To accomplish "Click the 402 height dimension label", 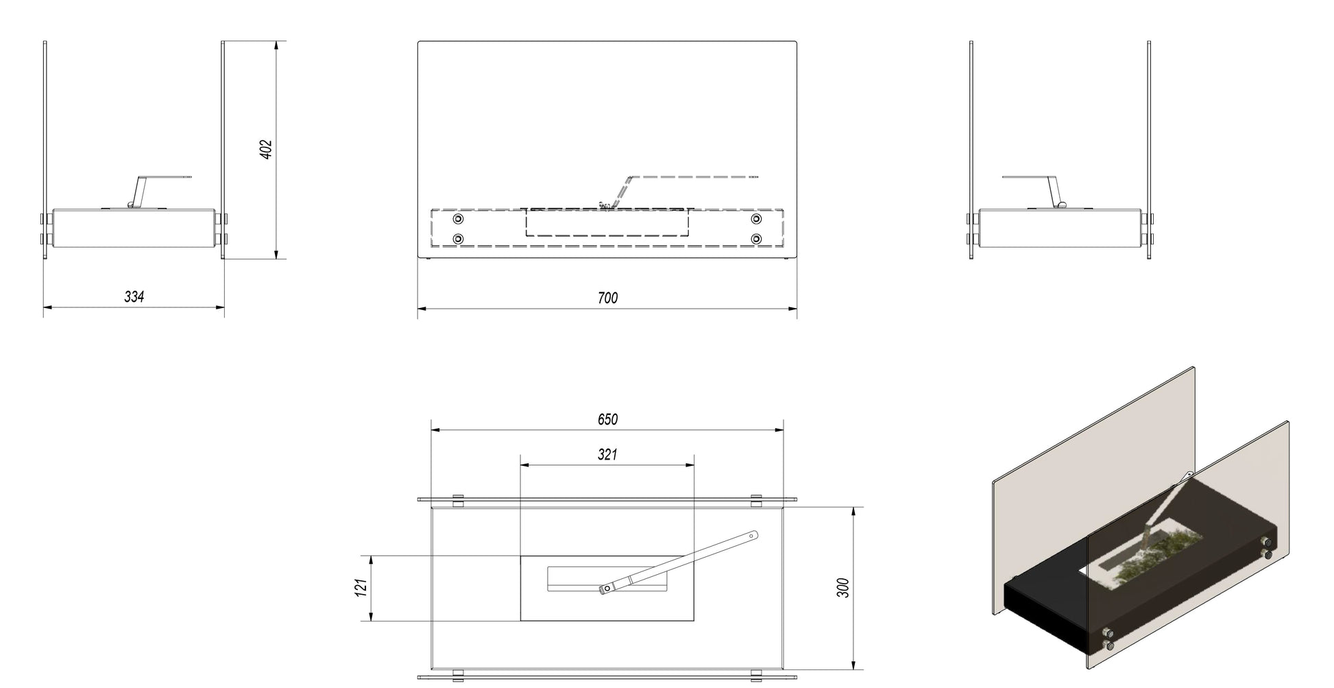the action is click(267, 150).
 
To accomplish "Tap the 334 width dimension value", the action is click(134, 296).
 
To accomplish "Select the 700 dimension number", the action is click(607, 297).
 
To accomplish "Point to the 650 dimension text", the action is click(607, 419).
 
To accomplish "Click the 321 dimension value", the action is click(607, 454).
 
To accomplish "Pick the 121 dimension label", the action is click(363, 587).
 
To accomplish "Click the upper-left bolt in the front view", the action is click(458, 219).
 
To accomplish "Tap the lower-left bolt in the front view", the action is click(458, 239).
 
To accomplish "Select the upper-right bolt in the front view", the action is click(757, 219).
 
